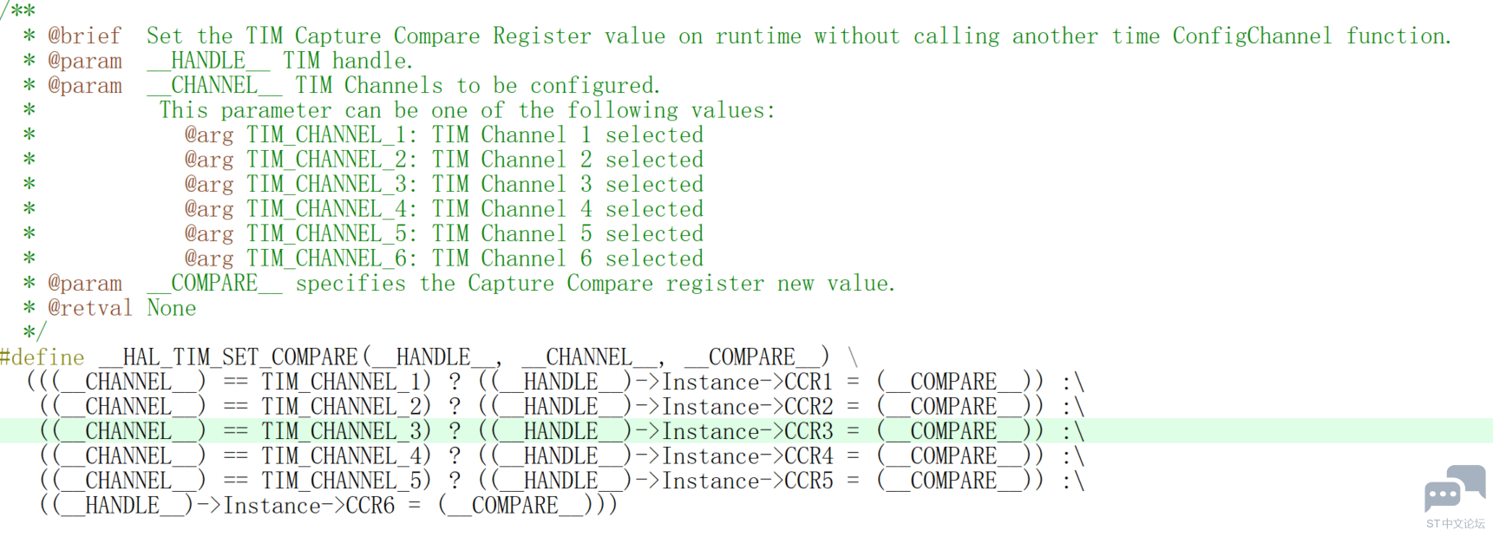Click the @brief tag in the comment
[x=85, y=36]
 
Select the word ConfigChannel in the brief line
[x=1252, y=36]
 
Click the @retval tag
[x=90, y=308]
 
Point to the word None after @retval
[x=171, y=308]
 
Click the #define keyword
[x=43, y=357]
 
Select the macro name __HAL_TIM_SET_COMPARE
[x=228, y=357]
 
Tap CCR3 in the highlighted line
[x=809, y=431]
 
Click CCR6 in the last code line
[x=370, y=506]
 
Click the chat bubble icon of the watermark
[x=1455, y=488]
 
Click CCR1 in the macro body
[x=809, y=382]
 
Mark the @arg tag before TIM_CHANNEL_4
[x=208, y=209]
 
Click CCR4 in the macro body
[x=809, y=456]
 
